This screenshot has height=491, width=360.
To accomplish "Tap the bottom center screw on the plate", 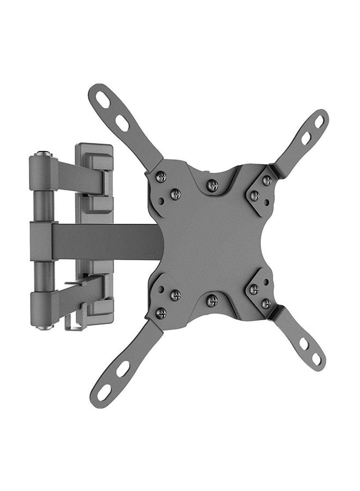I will click(212, 300).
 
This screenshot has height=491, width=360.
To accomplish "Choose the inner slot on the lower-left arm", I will click(123, 368).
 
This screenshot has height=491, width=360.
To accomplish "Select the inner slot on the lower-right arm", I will click(303, 344).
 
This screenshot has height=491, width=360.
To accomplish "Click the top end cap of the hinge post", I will click(43, 155).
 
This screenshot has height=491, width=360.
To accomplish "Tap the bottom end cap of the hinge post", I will click(43, 327).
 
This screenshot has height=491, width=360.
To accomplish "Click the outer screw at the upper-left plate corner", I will click(161, 177).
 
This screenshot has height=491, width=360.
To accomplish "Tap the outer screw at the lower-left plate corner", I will click(161, 313).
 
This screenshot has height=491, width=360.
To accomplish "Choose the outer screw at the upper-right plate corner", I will click(267, 180).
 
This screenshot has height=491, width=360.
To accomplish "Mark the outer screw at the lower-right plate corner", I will click(266, 303).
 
